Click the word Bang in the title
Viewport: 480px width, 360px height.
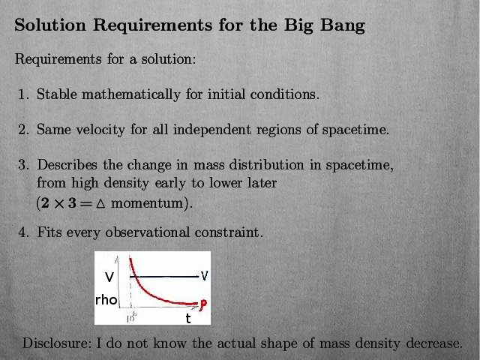point(343,25)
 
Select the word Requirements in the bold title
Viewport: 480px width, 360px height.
point(152,25)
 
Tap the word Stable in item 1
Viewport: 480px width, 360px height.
point(57,94)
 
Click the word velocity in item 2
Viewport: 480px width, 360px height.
point(100,130)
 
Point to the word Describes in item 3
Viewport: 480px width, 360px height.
point(67,165)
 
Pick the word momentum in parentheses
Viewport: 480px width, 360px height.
point(147,203)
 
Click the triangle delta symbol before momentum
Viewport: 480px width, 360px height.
point(100,204)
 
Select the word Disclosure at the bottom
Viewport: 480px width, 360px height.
point(57,343)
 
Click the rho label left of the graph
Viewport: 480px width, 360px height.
point(106,300)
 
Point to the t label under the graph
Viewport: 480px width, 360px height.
point(188,319)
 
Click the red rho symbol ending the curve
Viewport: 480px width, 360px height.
point(202,305)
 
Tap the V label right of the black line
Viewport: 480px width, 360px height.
point(205,275)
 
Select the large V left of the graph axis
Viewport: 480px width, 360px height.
point(109,277)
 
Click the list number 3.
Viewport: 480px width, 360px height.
point(22,165)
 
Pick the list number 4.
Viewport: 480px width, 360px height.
point(22,232)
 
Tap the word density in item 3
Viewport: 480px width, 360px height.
point(127,183)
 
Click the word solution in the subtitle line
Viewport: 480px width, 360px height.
point(167,58)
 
